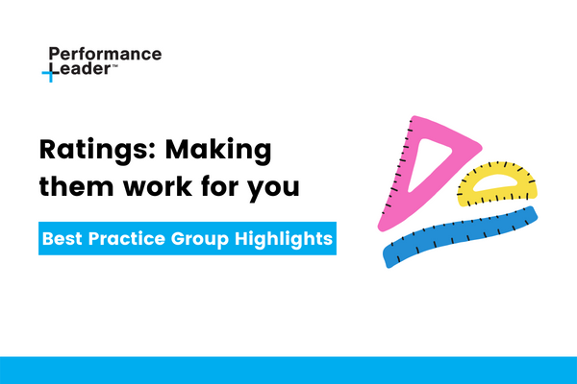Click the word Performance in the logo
pos(104,55)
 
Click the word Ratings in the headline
pos(88,151)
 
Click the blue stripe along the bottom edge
pos(288,371)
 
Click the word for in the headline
pos(221,187)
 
